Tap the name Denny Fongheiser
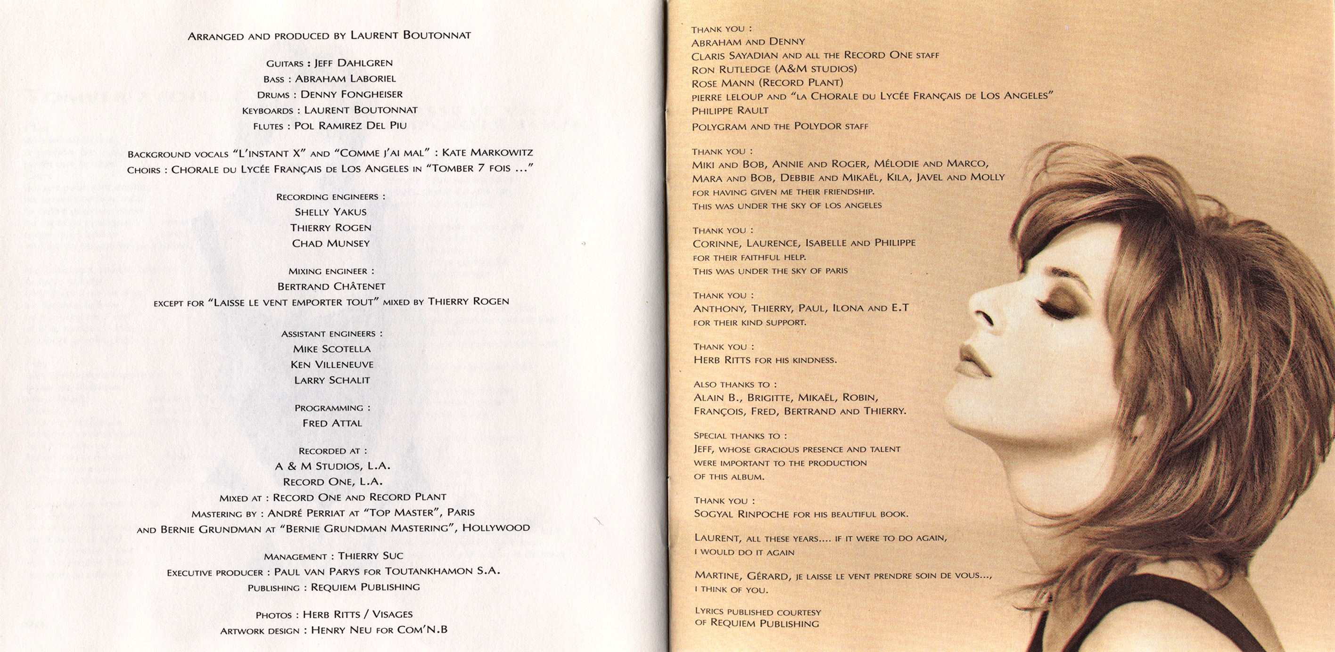tap(351, 94)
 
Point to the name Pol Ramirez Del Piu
tap(350, 126)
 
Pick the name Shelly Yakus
tap(330, 212)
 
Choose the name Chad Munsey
tap(330, 244)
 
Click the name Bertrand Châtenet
tap(331, 286)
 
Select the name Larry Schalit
tap(332, 380)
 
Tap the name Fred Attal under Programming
tap(332, 423)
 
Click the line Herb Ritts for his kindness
tap(765, 360)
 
